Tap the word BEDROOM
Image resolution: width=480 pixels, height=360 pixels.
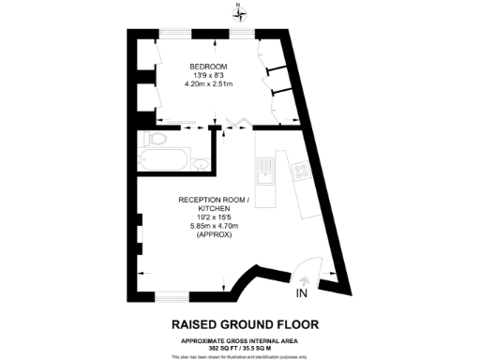207,66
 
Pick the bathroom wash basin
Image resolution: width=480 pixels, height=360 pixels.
201,164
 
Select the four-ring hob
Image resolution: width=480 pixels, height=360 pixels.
302,171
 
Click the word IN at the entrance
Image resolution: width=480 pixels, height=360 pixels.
302,293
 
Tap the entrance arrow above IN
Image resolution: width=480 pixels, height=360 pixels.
303,279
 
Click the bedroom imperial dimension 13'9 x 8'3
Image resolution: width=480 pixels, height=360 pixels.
207,76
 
